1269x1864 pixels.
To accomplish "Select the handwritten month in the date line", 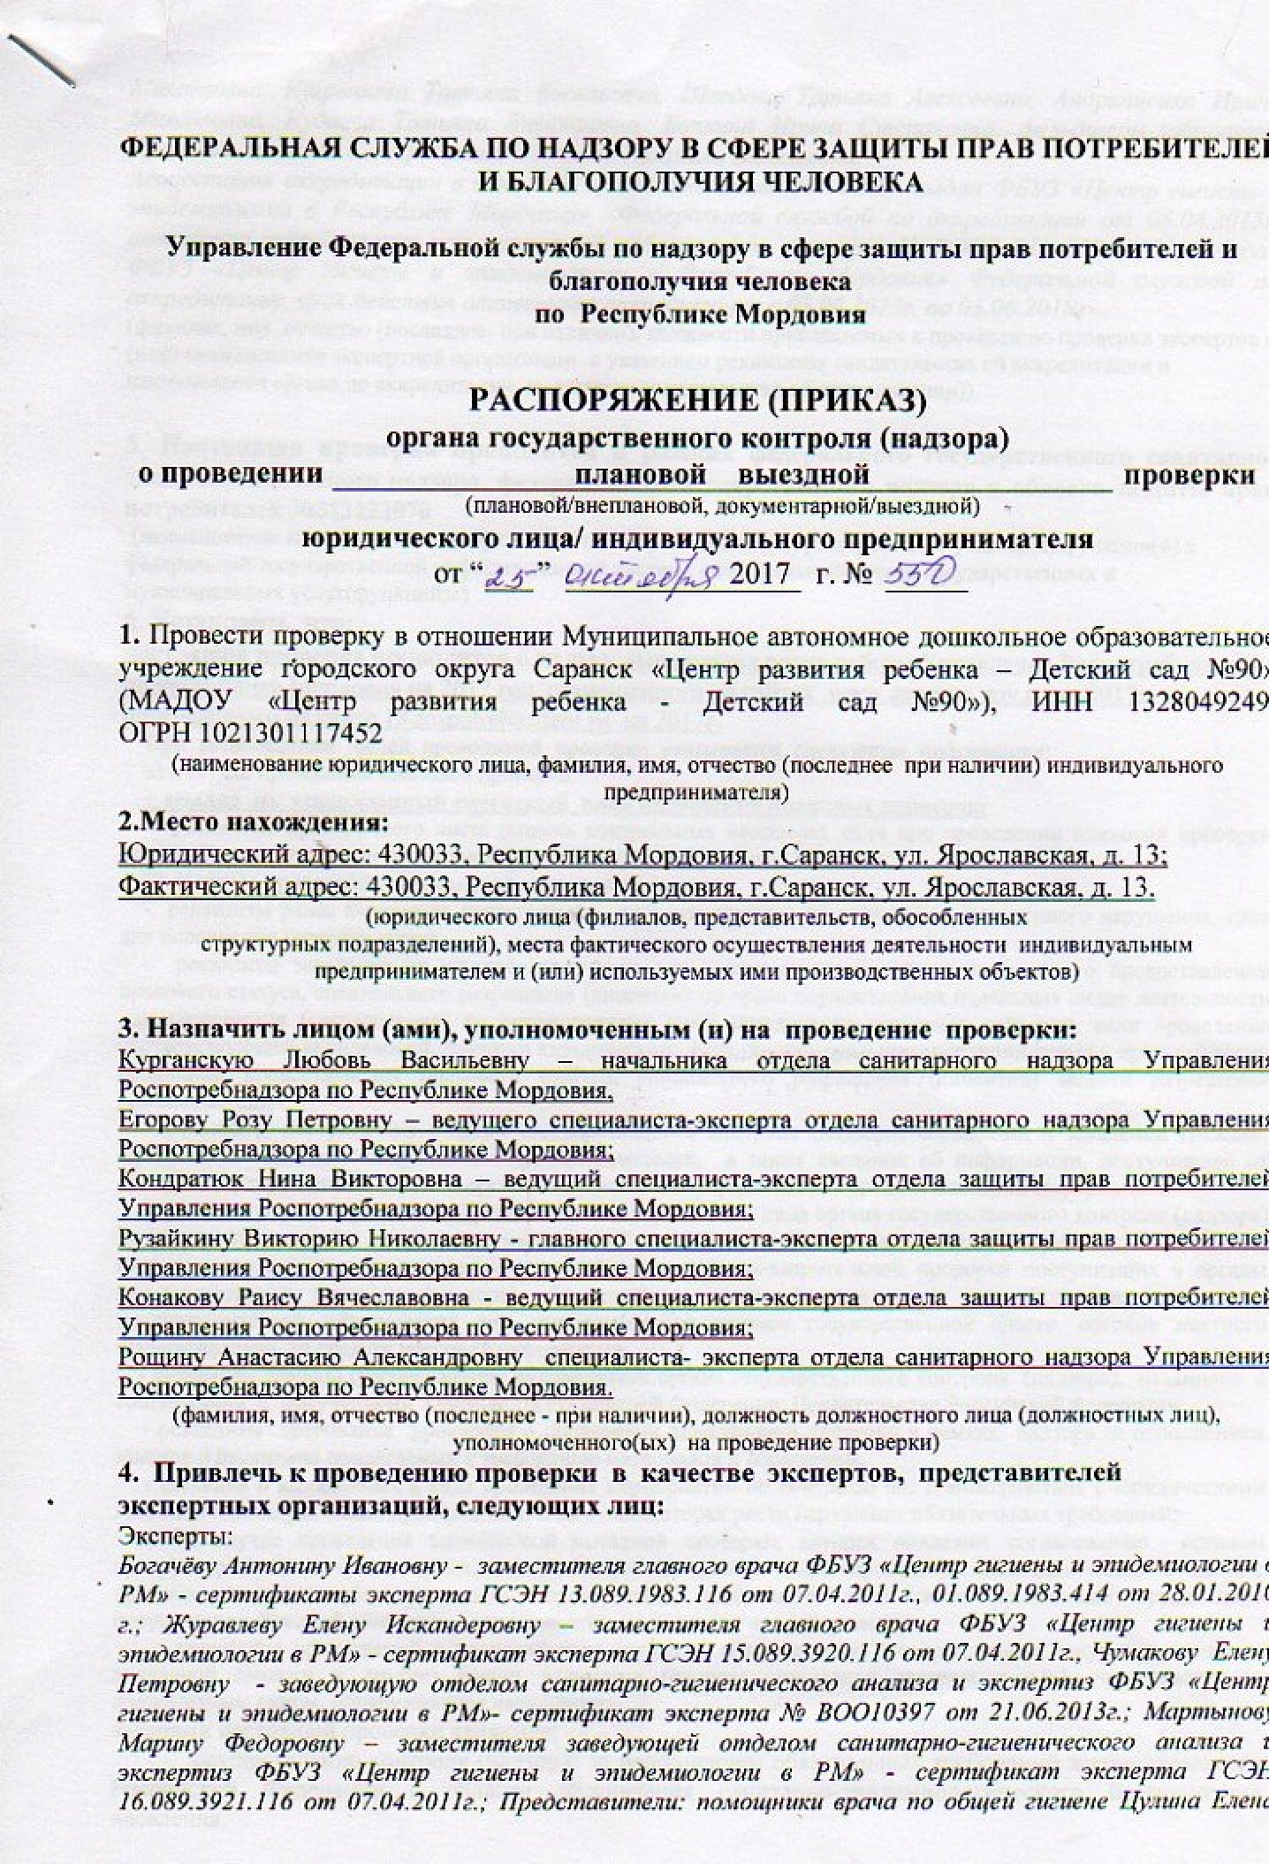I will point(650,573).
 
